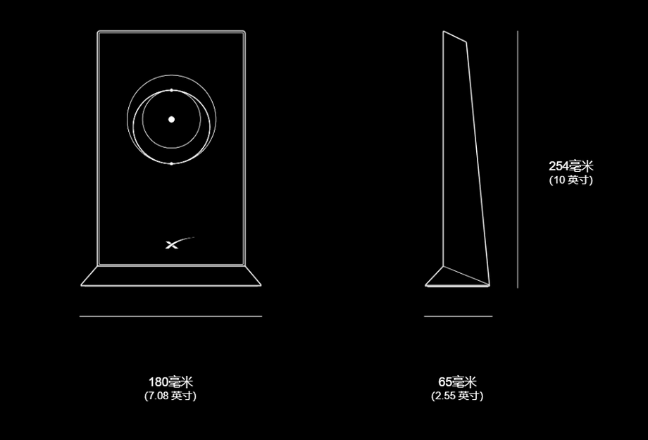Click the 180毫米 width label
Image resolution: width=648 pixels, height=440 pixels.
170,382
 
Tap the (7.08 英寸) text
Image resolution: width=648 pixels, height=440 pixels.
170,396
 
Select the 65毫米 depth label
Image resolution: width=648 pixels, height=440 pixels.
457,382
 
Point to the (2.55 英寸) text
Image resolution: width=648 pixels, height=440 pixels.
457,396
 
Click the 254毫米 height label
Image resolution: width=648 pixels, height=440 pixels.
571,166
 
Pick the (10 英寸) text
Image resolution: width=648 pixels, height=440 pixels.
571,180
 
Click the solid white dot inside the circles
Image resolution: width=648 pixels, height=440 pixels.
171,120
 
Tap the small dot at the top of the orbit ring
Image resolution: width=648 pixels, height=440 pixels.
171,90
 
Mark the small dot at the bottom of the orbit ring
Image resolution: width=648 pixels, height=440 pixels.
171,163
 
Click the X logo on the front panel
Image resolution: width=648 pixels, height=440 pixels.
179,244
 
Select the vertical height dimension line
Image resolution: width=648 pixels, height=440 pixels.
518,159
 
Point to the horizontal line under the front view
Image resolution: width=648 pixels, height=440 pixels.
170,316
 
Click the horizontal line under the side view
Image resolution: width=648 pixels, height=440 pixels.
459,316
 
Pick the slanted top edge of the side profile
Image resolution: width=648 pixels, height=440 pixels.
454,37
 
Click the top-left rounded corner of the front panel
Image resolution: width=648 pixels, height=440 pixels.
99,32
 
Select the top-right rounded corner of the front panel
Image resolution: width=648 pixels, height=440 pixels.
244,32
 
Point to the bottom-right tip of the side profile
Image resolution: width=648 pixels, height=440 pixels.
490,286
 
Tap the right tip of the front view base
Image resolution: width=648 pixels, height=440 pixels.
261,285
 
